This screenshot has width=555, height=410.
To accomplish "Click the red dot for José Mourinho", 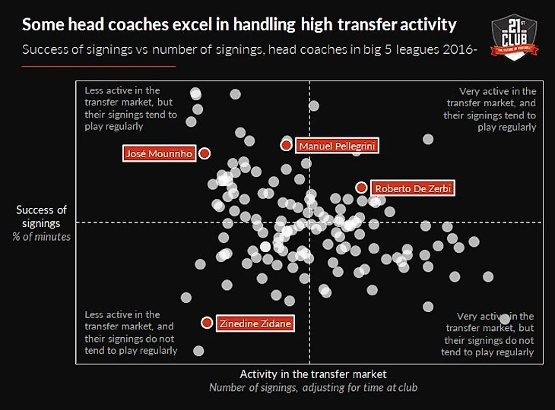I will tap(205, 153).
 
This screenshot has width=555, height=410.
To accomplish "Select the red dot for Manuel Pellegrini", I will tap(286, 144).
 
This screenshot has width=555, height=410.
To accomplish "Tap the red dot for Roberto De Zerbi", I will tap(361, 187).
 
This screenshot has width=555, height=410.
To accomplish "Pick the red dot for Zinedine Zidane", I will tap(207, 323).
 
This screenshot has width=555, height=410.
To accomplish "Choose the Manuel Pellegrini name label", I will tap(337, 146).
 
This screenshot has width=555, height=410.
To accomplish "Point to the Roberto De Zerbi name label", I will tap(413, 188).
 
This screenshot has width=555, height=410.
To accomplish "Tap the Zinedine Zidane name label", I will tap(255, 323).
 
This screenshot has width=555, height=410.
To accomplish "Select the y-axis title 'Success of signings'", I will tap(42, 216).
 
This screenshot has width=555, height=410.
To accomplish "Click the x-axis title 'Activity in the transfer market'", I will tap(313, 374).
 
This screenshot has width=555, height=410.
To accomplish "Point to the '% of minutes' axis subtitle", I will tap(42, 237).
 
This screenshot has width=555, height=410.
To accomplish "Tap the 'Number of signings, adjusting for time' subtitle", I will tap(313, 388).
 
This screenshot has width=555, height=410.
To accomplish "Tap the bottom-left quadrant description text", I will tap(131, 333).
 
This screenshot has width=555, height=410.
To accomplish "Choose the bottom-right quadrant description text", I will tap(488, 334).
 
